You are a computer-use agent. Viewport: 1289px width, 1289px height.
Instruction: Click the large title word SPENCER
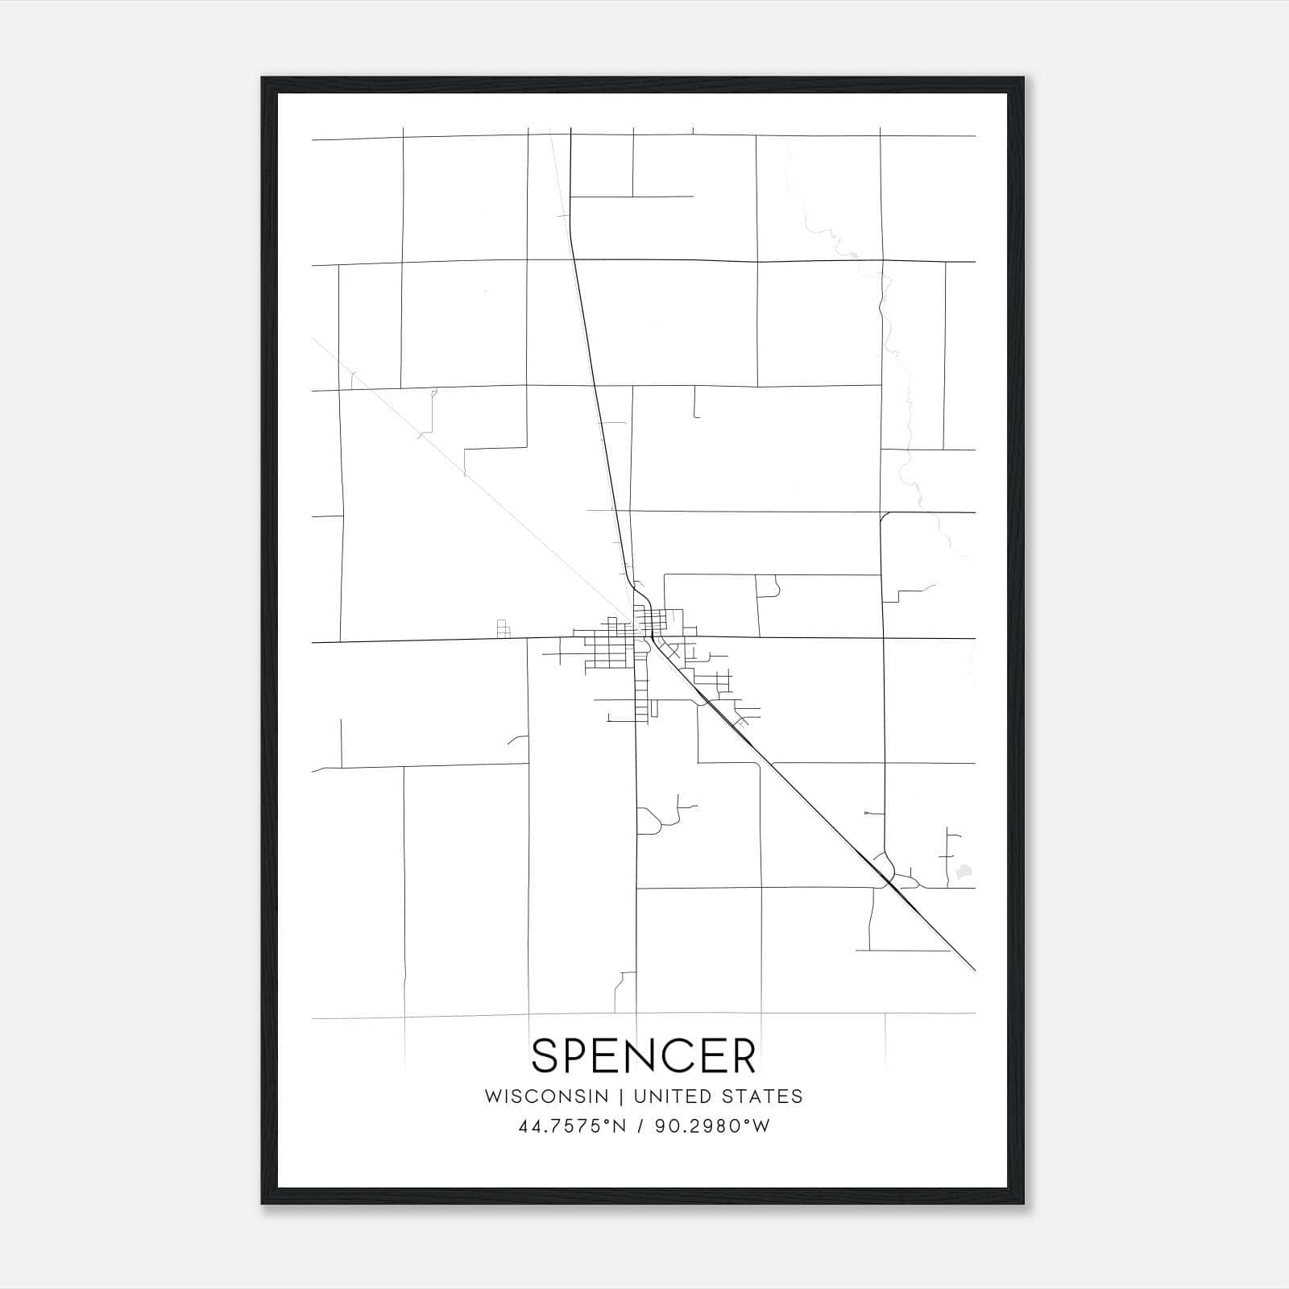pyautogui.click(x=644, y=1055)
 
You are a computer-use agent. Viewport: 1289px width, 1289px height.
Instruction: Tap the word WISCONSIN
pyautogui.click(x=546, y=1096)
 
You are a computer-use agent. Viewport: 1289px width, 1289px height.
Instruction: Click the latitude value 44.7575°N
pyautogui.click(x=573, y=1126)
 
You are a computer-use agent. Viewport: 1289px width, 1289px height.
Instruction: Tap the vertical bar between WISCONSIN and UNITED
pyautogui.click(x=621, y=1096)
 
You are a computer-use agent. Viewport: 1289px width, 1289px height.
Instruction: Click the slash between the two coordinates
pyautogui.click(x=640, y=1126)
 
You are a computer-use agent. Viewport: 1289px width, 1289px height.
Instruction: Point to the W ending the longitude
pyautogui.click(x=761, y=1126)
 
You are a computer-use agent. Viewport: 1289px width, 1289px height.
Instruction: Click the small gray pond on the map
pyautogui.click(x=962, y=871)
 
